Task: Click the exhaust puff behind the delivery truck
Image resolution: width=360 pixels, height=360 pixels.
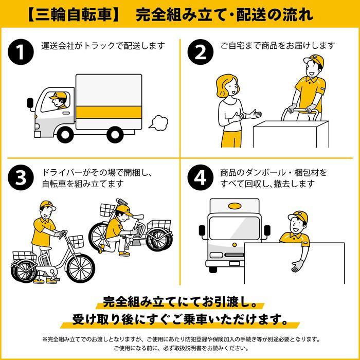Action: (159, 122)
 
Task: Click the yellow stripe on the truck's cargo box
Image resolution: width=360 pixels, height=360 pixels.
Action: (109, 111)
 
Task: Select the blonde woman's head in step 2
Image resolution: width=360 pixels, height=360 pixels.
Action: (227, 84)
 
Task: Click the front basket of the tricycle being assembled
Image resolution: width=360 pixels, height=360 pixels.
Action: (107, 210)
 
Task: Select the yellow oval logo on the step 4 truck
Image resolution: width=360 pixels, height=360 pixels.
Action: (235, 207)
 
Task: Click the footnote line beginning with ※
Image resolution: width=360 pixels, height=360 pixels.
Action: (180, 339)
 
